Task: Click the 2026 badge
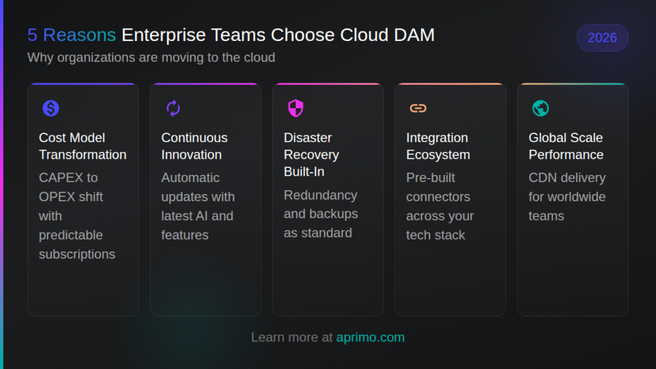click(602, 38)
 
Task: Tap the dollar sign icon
click(51, 108)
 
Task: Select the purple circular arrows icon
click(173, 108)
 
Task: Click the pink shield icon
click(295, 108)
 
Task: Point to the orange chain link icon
click(418, 108)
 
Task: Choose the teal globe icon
click(540, 108)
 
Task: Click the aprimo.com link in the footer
click(370, 337)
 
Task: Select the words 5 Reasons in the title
click(72, 35)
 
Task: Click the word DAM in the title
click(415, 35)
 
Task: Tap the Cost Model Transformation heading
click(83, 146)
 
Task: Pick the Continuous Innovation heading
click(194, 146)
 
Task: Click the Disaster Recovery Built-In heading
click(311, 154)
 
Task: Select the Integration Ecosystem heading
click(438, 146)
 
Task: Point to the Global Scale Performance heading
click(566, 146)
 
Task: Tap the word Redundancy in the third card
click(320, 195)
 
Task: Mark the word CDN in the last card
click(542, 177)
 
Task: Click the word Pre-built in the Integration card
click(430, 177)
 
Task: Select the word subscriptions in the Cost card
click(77, 254)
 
